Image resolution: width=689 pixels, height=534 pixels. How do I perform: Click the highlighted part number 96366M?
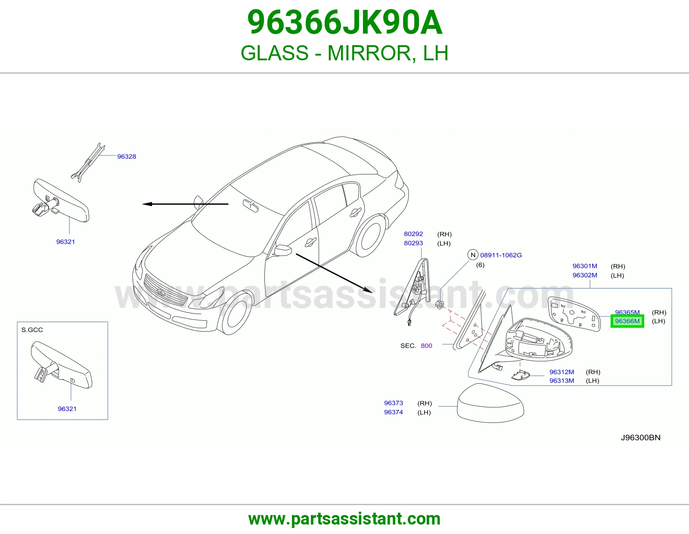point(627,321)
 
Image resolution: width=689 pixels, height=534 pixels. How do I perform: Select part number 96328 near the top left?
point(127,156)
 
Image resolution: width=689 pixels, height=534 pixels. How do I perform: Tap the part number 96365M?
point(627,312)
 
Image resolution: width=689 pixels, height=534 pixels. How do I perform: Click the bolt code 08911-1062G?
point(501,255)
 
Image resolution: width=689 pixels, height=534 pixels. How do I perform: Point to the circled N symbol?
point(473,255)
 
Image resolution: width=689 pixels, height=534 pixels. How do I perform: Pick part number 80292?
point(413,234)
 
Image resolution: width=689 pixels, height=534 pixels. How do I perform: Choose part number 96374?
point(394,412)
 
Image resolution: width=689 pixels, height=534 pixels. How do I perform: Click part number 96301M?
point(585,266)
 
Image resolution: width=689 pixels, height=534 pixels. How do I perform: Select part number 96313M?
point(562,381)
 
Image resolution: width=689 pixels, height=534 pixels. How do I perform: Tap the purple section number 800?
point(426,346)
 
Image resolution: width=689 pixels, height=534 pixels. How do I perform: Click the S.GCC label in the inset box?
point(32,330)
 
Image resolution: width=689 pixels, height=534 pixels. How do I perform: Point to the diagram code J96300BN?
point(640,438)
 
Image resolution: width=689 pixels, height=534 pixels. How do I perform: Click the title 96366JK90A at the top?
point(344,22)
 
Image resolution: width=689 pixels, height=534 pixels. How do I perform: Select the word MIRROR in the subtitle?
point(370,53)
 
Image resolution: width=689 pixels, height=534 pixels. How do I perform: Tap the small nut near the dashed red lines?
point(440,304)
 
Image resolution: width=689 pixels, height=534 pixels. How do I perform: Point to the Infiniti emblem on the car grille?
point(161,292)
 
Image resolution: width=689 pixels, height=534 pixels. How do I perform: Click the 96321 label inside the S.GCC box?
point(67,409)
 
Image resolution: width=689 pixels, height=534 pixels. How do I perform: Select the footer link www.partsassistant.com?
point(344,519)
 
